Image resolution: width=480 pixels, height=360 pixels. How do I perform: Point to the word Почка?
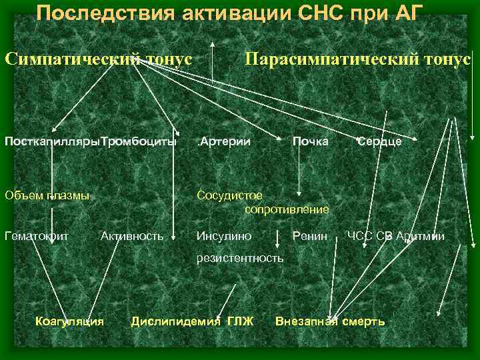309,141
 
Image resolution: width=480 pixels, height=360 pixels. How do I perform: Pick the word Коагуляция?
69,321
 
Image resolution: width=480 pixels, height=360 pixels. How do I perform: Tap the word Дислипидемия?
175,321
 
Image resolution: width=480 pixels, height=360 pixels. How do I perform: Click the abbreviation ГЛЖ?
240,321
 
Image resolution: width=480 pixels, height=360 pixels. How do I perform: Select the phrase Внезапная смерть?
330,321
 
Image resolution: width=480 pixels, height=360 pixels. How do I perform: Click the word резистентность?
239,257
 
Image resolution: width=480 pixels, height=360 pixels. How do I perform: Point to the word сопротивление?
287,209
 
